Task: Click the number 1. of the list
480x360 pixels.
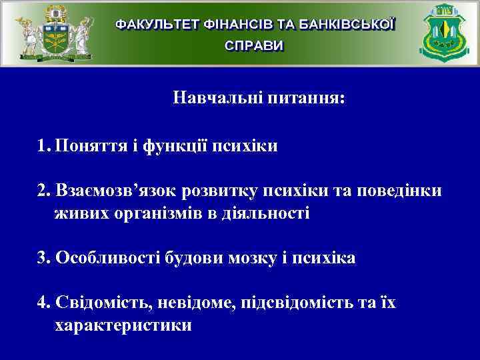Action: [45, 146]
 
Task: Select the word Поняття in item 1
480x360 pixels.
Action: [85, 146]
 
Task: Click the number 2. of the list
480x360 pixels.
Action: [45, 191]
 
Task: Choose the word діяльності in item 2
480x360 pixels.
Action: [265, 214]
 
